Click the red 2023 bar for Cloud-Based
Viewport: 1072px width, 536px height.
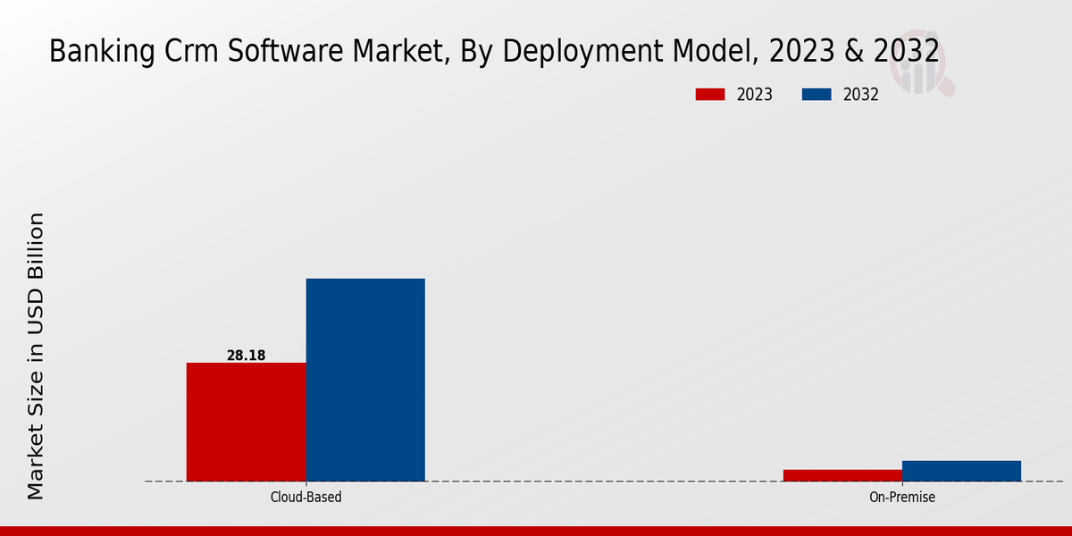[246, 422]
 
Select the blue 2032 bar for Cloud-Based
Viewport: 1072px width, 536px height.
[365, 380]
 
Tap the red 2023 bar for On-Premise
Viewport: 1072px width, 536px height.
[842, 475]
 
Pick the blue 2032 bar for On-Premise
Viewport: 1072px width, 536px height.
[961, 471]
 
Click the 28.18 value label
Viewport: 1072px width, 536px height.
[246, 356]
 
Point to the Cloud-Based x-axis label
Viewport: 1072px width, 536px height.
[306, 497]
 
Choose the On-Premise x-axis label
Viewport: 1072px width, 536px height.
[902, 497]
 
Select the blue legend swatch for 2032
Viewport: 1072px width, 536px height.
[817, 95]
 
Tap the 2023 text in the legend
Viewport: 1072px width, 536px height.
[755, 95]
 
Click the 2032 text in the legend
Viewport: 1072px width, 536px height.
[861, 95]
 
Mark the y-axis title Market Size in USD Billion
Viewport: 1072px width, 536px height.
[36, 356]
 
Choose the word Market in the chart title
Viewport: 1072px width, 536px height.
[403, 52]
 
